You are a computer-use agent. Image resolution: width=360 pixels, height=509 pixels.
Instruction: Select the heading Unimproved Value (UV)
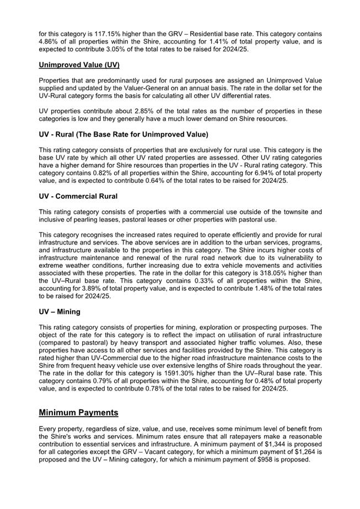coord(79,65)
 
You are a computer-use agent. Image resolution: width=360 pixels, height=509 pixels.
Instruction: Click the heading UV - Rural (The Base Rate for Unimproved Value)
coord(123,135)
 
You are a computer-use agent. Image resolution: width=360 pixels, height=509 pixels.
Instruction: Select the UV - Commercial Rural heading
coord(78,197)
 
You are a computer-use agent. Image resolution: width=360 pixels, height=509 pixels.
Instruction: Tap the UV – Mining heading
coord(60,312)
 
